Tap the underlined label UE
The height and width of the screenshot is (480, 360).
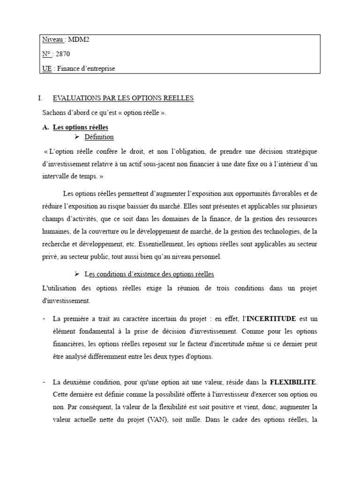click(x=46, y=68)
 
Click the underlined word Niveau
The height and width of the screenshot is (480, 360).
click(x=52, y=40)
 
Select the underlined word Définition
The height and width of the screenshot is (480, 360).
click(x=99, y=137)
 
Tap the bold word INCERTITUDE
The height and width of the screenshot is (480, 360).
click(x=271, y=319)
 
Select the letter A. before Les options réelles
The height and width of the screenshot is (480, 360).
click(x=45, y=127)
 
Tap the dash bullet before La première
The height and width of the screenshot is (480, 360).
click(x=44, y=319)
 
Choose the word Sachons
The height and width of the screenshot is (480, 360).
click(x=54, y=112)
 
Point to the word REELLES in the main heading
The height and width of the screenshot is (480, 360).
click(x=177, y=98)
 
